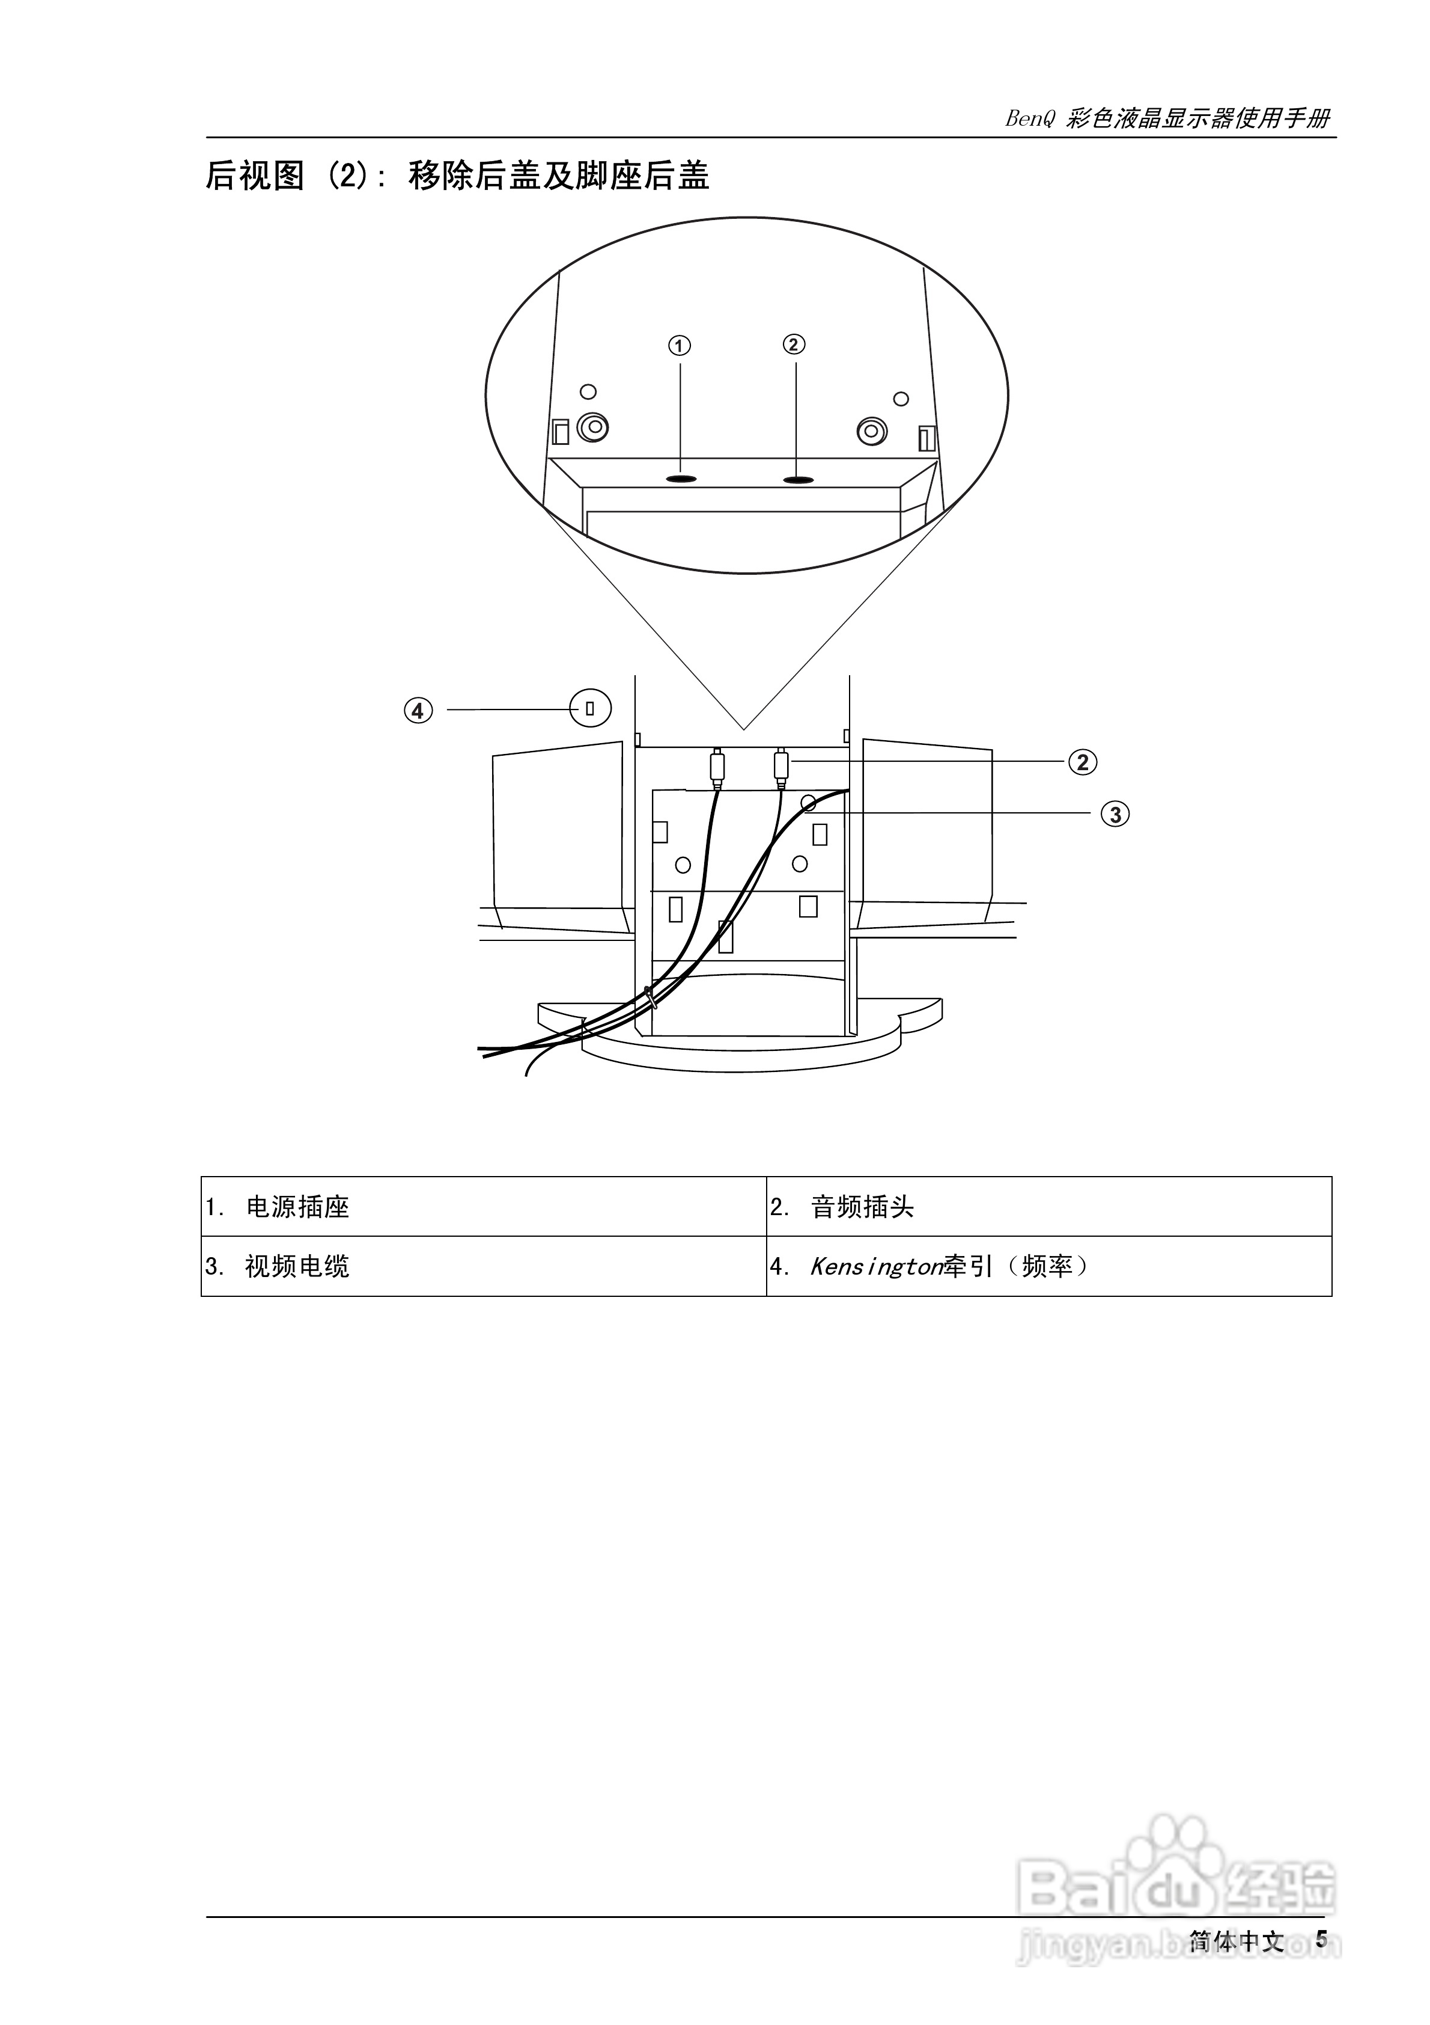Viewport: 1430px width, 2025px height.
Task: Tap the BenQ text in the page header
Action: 1030,119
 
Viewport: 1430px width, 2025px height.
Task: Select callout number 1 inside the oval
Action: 679,346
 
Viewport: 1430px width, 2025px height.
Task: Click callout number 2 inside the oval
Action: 794,344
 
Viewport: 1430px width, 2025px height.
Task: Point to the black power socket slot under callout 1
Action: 681,479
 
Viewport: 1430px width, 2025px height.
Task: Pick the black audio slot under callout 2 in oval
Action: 798,480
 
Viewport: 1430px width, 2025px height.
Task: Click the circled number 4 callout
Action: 419,710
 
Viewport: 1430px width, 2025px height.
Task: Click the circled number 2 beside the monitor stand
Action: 1083,762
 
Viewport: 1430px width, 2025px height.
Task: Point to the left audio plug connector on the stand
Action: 717,765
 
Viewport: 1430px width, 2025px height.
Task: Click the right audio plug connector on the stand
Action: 780,764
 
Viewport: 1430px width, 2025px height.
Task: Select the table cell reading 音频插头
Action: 862,1207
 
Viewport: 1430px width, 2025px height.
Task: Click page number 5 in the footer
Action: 1321,1940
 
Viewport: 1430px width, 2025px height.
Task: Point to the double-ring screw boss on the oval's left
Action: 592,427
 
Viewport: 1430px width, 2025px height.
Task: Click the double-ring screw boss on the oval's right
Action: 872,431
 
